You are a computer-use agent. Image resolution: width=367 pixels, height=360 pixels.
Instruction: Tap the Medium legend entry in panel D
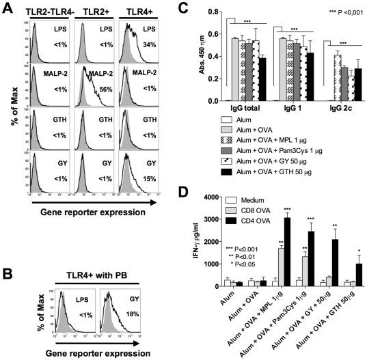pyautogui.click(x=249, y=199)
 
